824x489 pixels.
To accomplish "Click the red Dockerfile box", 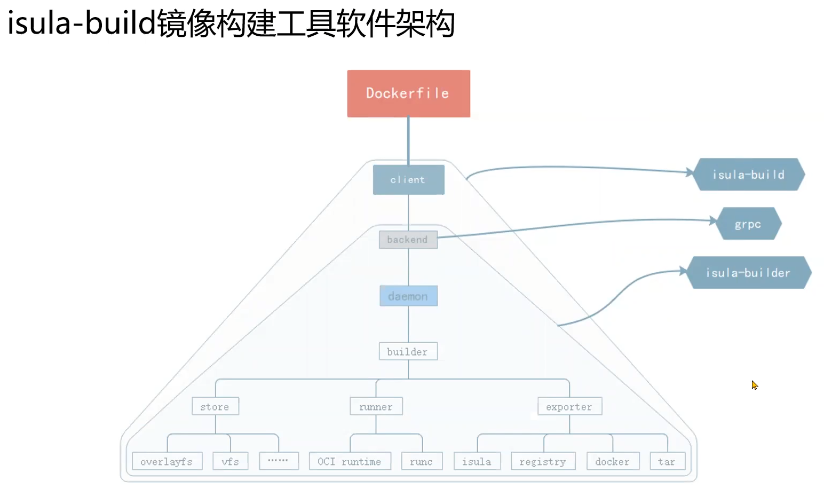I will (408, 93).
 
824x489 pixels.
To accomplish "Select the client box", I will (408, 180).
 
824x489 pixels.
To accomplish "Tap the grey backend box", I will (408, 240).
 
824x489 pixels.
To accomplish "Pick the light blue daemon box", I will (408, 296).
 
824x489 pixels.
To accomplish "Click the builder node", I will (408, 351).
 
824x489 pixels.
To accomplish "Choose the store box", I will (215, 406).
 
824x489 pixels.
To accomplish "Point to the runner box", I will (376, 406).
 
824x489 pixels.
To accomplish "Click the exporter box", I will (569, 406).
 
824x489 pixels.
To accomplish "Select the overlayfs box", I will (167, 461).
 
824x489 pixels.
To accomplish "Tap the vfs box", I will (231, 461).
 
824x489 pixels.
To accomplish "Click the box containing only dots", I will (279, 461).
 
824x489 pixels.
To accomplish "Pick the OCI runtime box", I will (350, 461).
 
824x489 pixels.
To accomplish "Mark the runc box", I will (422, 461).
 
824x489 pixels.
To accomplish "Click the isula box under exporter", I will (477, 461).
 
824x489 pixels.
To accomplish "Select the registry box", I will (543, 461).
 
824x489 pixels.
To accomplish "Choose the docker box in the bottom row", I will (613, 461).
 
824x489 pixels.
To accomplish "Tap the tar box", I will (667, 461).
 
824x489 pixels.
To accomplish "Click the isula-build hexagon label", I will (749, 175).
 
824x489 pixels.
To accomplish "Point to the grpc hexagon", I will (748, 224).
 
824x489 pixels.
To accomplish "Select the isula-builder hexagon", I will (749, 273).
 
